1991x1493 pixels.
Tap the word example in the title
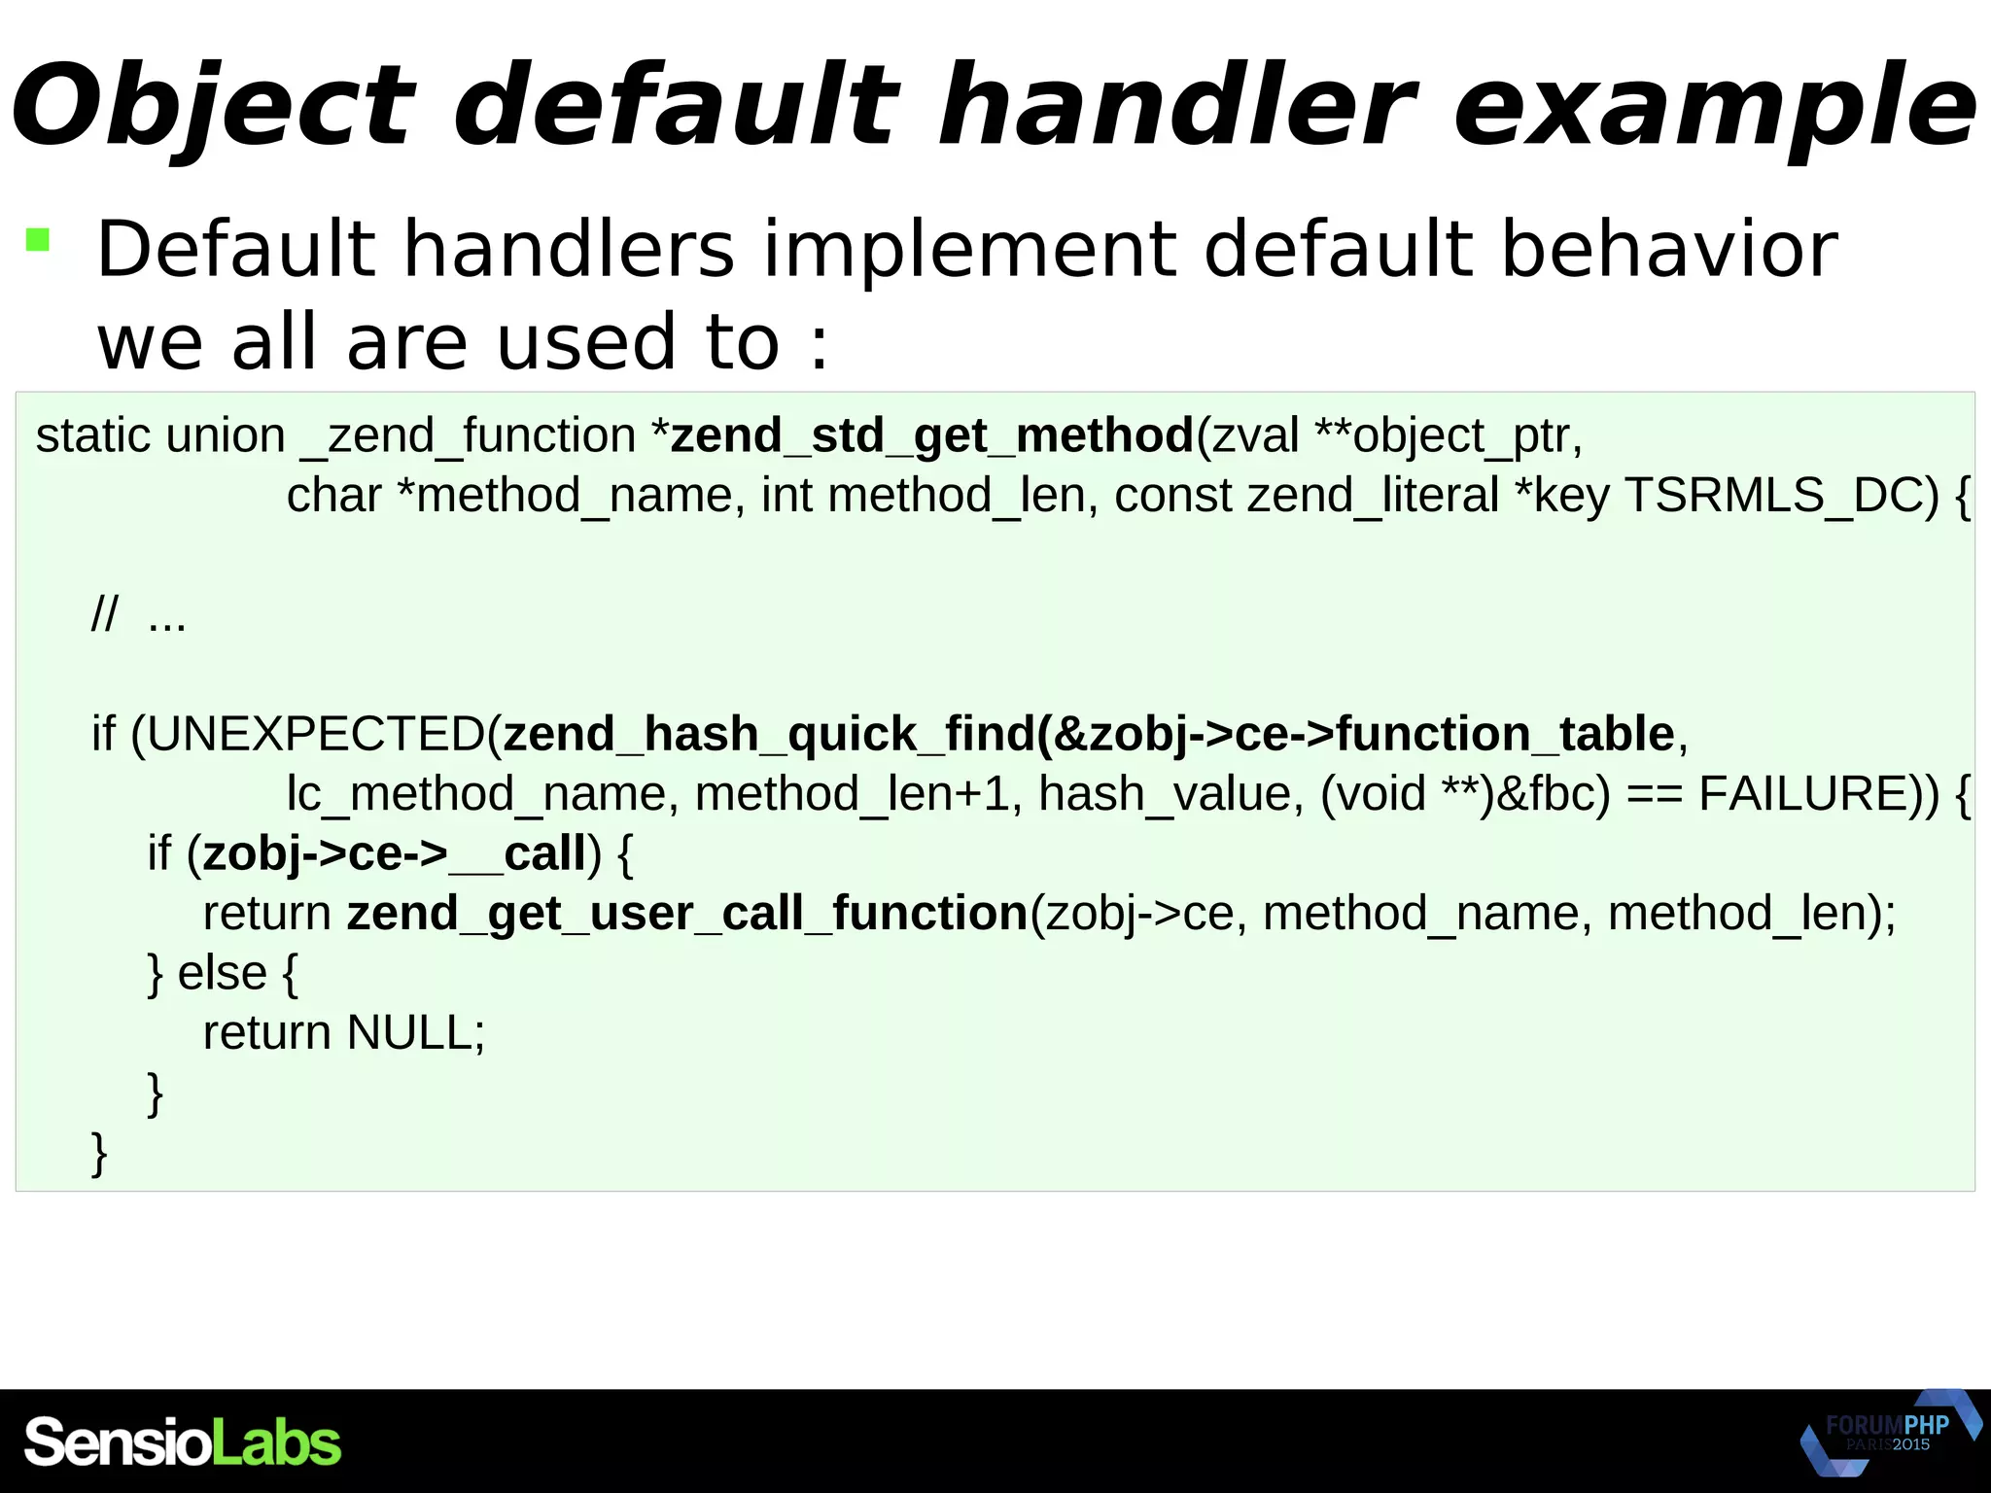click(1713, 105)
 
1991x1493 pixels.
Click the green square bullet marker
click(38, 239)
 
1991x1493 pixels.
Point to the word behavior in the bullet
click(1668, 250)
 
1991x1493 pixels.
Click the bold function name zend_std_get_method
click(931, 435)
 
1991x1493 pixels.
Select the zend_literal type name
click(1373, 496)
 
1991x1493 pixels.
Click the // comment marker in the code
click(104, 615)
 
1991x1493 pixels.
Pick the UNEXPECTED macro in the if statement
click(315, 734)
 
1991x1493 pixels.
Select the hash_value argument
click(1170, 794)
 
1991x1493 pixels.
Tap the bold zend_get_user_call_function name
click(686, 914)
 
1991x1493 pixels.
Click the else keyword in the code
click(222, 973)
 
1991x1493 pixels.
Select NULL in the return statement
click(408, 1032)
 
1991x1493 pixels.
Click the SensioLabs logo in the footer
click(183, 1441)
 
